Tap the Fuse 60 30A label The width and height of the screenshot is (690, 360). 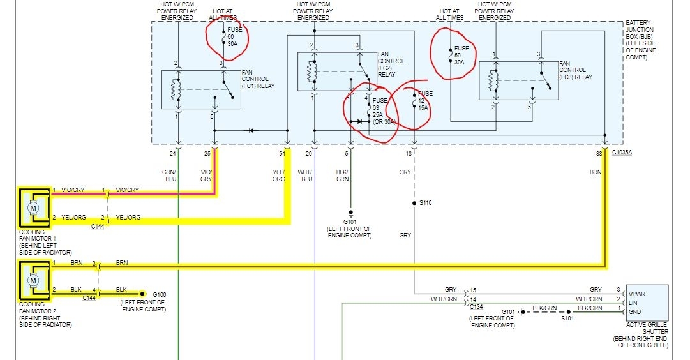pyautogui.click(x=234, y=38)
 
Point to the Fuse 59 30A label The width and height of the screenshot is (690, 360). pyautogui.click(x=461, y=54)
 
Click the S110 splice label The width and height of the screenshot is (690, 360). pyautogui.click(x=426, y=203)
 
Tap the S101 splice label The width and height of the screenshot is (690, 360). pyautogui.click(x=566, y=317)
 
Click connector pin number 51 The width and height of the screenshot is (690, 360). pyautogui.click(x=282, y=154)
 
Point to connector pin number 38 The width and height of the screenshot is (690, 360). pyautogui.click(x=598, y=154)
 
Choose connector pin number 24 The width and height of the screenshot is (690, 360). pyautogui.click(x=172, y=154)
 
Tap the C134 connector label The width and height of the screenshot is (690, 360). pyautogui.click(x=476, y=307)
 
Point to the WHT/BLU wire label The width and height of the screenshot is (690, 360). pyautogui.click(x=307, y=175)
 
